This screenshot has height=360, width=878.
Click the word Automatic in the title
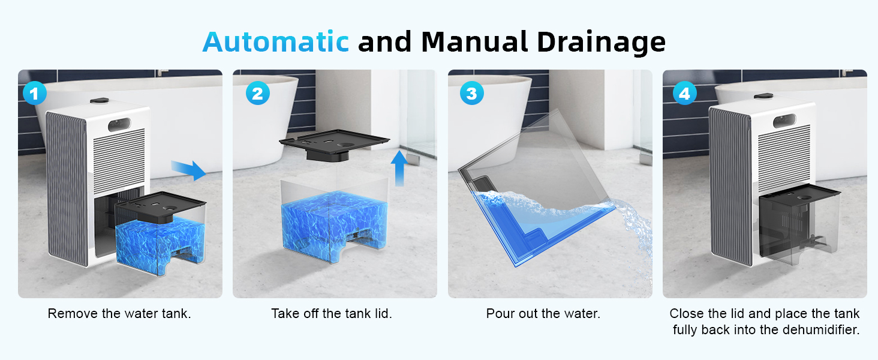[275, 41]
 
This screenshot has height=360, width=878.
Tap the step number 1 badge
[35, 94]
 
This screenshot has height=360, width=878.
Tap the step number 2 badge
[257, 94]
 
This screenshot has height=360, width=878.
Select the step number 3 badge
[471, 94]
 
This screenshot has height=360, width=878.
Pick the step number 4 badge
[684, 94]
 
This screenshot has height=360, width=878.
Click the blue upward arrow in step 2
[399, 168]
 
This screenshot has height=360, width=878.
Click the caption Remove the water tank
[119, 314]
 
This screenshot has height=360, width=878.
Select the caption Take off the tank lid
[332, 314]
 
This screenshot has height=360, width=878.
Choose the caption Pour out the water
[543, 314]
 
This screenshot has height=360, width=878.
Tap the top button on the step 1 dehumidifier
[100, 101]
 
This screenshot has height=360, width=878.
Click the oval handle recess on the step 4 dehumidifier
[784, 121]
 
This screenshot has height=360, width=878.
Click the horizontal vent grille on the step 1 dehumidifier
[119, 157]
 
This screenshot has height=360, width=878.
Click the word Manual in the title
[474, 41]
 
